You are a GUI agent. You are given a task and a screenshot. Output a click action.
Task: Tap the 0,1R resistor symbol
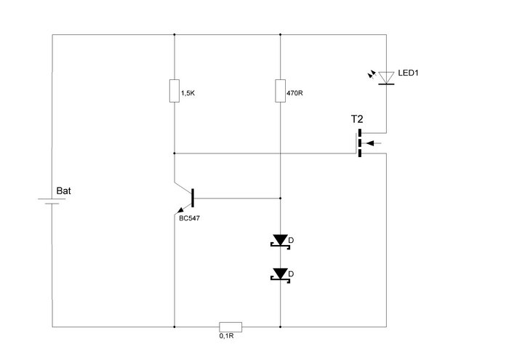(x=231, y=327)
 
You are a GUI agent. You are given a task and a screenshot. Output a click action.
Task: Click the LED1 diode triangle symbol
(x=385, y=76)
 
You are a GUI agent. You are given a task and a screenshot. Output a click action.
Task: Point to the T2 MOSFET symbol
(x=361, y=143)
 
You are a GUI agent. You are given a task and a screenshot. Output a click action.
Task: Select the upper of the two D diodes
(x=281, y=240)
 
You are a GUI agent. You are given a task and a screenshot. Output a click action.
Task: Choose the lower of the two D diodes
(x=281, y=273)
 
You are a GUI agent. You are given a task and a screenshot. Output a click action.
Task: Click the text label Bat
(x=65, y=191)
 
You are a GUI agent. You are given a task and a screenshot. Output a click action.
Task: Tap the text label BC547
(x=189, y=217)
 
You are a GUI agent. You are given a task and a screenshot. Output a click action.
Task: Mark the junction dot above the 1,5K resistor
(x=175, y=34)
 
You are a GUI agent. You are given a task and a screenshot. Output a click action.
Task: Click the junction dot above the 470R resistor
(x=281, y=34)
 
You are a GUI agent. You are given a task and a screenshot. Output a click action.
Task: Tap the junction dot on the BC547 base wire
(x=281, y=198)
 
